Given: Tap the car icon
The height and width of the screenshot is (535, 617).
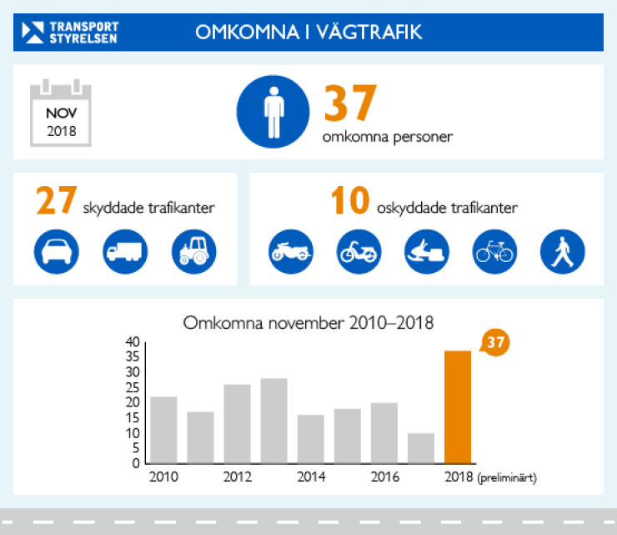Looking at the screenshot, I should pos(57,250).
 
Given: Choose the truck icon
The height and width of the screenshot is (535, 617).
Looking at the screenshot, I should pos(125,250).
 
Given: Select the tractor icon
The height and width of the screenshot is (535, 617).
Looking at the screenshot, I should pos(193,250).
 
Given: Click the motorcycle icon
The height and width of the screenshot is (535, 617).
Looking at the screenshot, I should pos(292,250).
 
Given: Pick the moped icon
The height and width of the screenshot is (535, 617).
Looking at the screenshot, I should pos(359,250).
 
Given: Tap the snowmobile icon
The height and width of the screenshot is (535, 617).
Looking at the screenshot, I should pos(427,250).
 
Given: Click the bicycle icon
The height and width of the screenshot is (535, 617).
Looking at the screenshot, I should pos(494,250).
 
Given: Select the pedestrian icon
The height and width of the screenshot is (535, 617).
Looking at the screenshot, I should pos(563,250).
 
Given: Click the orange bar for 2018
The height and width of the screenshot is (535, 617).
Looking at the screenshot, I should pos(458,406).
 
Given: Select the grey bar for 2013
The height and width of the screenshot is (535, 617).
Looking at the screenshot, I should pos(273,421).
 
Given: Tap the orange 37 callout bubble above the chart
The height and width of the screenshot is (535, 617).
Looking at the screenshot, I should pos(495,342).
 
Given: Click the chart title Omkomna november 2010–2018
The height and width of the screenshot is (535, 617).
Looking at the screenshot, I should pos(308,322).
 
